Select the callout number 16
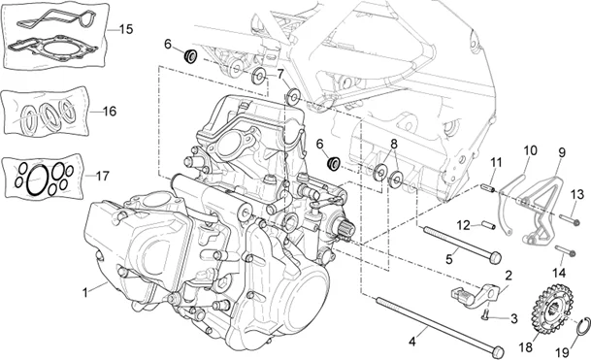[x=109, y=112]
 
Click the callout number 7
[x=280, y=73]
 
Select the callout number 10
[x=530, y=150]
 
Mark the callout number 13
[x=576, y=195]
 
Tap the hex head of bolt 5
[x=495, y=258]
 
